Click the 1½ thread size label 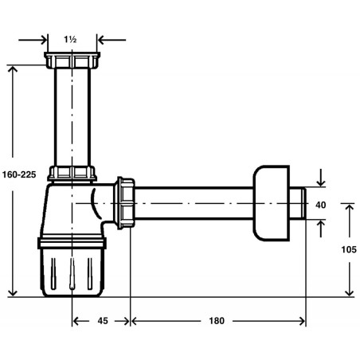[x=70, y=40]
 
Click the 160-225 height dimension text [x=19, y=174]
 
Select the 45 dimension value [x=103, y=321]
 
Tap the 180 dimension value [x=217, y=321]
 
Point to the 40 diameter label [x=321, y=205]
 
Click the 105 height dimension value [x=349, y=249]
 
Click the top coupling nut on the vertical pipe [x=72, y=61]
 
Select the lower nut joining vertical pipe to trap [x=72, y=174]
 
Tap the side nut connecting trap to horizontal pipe [x=124, y=203]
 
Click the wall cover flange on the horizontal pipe [x=271, y=203]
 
